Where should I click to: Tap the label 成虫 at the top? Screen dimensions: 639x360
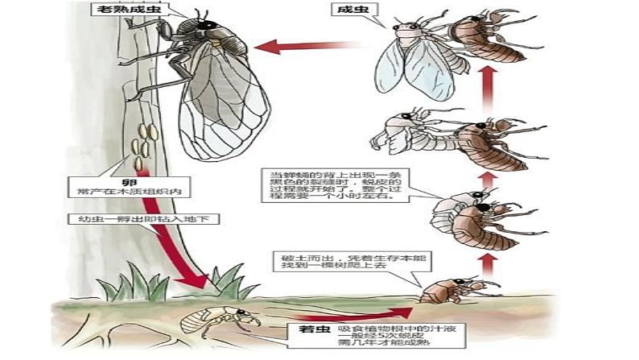pos(348,10)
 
